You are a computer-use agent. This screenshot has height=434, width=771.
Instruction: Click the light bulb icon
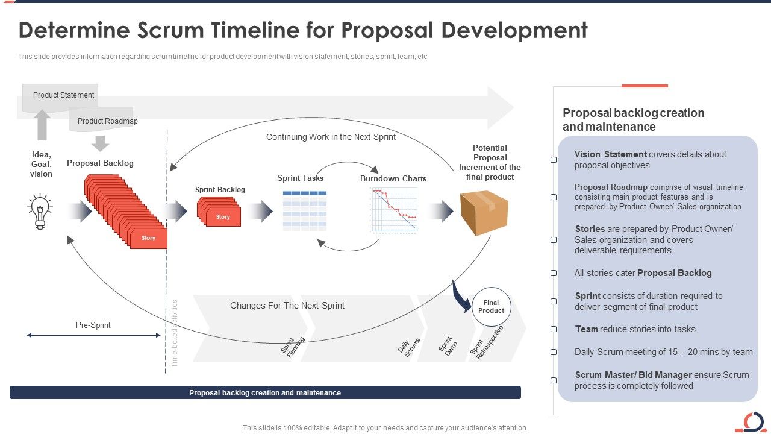40,211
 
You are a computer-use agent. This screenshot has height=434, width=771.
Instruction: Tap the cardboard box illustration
484,213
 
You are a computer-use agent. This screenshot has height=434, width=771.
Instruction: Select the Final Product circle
491,307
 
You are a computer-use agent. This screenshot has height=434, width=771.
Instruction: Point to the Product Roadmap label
107,121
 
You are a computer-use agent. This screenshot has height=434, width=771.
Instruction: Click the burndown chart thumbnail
394,209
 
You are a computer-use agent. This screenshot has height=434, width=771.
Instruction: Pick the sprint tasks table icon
305,210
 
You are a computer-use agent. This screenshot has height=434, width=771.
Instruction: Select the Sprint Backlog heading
220,190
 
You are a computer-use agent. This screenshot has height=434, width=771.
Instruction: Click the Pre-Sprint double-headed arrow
93,335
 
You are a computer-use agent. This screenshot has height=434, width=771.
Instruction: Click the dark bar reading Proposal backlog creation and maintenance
265,393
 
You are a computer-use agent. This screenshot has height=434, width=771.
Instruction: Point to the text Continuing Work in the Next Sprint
331,137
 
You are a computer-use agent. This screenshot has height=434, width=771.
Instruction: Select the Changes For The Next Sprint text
287,306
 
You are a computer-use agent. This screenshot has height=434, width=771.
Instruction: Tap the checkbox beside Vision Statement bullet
554,160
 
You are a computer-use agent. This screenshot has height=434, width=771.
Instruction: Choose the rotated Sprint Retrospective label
486,342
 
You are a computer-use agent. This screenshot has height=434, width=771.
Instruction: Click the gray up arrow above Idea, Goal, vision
42,125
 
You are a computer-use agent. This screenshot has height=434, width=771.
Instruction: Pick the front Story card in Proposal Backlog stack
148,238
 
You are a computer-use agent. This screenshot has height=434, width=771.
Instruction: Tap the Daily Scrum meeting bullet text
663,352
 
